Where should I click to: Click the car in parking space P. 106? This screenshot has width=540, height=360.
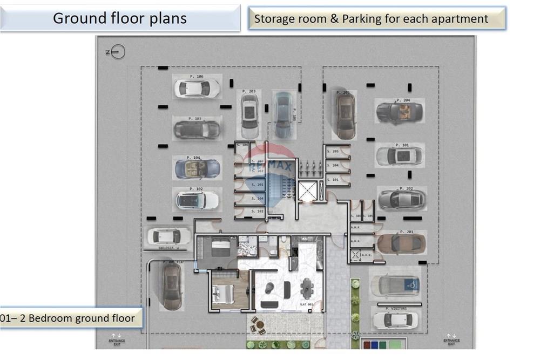(x=196, y=88)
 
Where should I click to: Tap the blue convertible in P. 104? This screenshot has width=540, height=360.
(x=197, y=169)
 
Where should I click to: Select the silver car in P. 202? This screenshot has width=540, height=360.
(x=402, y=199)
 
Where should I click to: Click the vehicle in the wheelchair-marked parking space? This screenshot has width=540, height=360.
(x=395, y=286)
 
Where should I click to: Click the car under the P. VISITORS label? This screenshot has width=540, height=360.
(x=395, y=320)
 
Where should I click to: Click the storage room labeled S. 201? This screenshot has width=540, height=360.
(x=249, y=185)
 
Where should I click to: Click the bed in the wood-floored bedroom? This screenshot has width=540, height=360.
(x=223, y=294)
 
